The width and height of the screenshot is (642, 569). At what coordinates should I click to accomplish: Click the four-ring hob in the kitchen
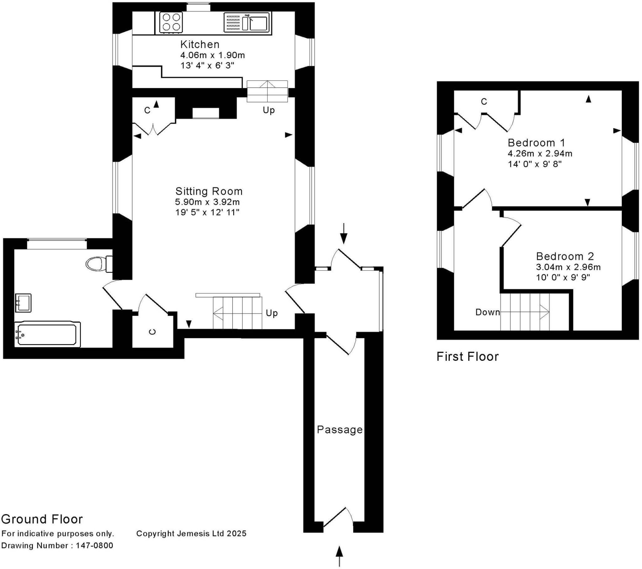click(171, 22)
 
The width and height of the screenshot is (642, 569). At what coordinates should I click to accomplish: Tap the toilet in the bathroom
click(99, 264)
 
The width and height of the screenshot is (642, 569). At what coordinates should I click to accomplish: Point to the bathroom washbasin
click(23, 303)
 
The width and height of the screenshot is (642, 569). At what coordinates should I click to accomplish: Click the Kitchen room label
click(200, 44)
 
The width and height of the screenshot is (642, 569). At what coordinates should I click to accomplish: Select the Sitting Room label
click(209, 191)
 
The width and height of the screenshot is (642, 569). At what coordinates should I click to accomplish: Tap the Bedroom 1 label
click(536, 143)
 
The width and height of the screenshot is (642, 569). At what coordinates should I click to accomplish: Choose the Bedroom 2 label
click(565, 256)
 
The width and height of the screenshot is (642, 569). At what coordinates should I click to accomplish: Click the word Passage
click(340, 430)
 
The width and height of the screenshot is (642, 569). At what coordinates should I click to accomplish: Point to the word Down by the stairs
click(487, 312)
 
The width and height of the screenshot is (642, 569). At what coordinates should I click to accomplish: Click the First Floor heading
click(468, 357)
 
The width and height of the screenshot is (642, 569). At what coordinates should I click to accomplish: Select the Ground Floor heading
click(42, 519)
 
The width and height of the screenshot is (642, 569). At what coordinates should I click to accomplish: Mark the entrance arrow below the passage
click(339, 556)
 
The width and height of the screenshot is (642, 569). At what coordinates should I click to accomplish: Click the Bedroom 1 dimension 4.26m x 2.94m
click(540, 153)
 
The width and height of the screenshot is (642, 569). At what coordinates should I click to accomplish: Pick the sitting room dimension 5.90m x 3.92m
click(207, 202)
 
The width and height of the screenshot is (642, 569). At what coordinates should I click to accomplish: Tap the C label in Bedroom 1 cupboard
click(484, 101)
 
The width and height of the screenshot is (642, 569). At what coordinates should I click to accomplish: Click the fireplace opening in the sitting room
click(206, 113)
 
